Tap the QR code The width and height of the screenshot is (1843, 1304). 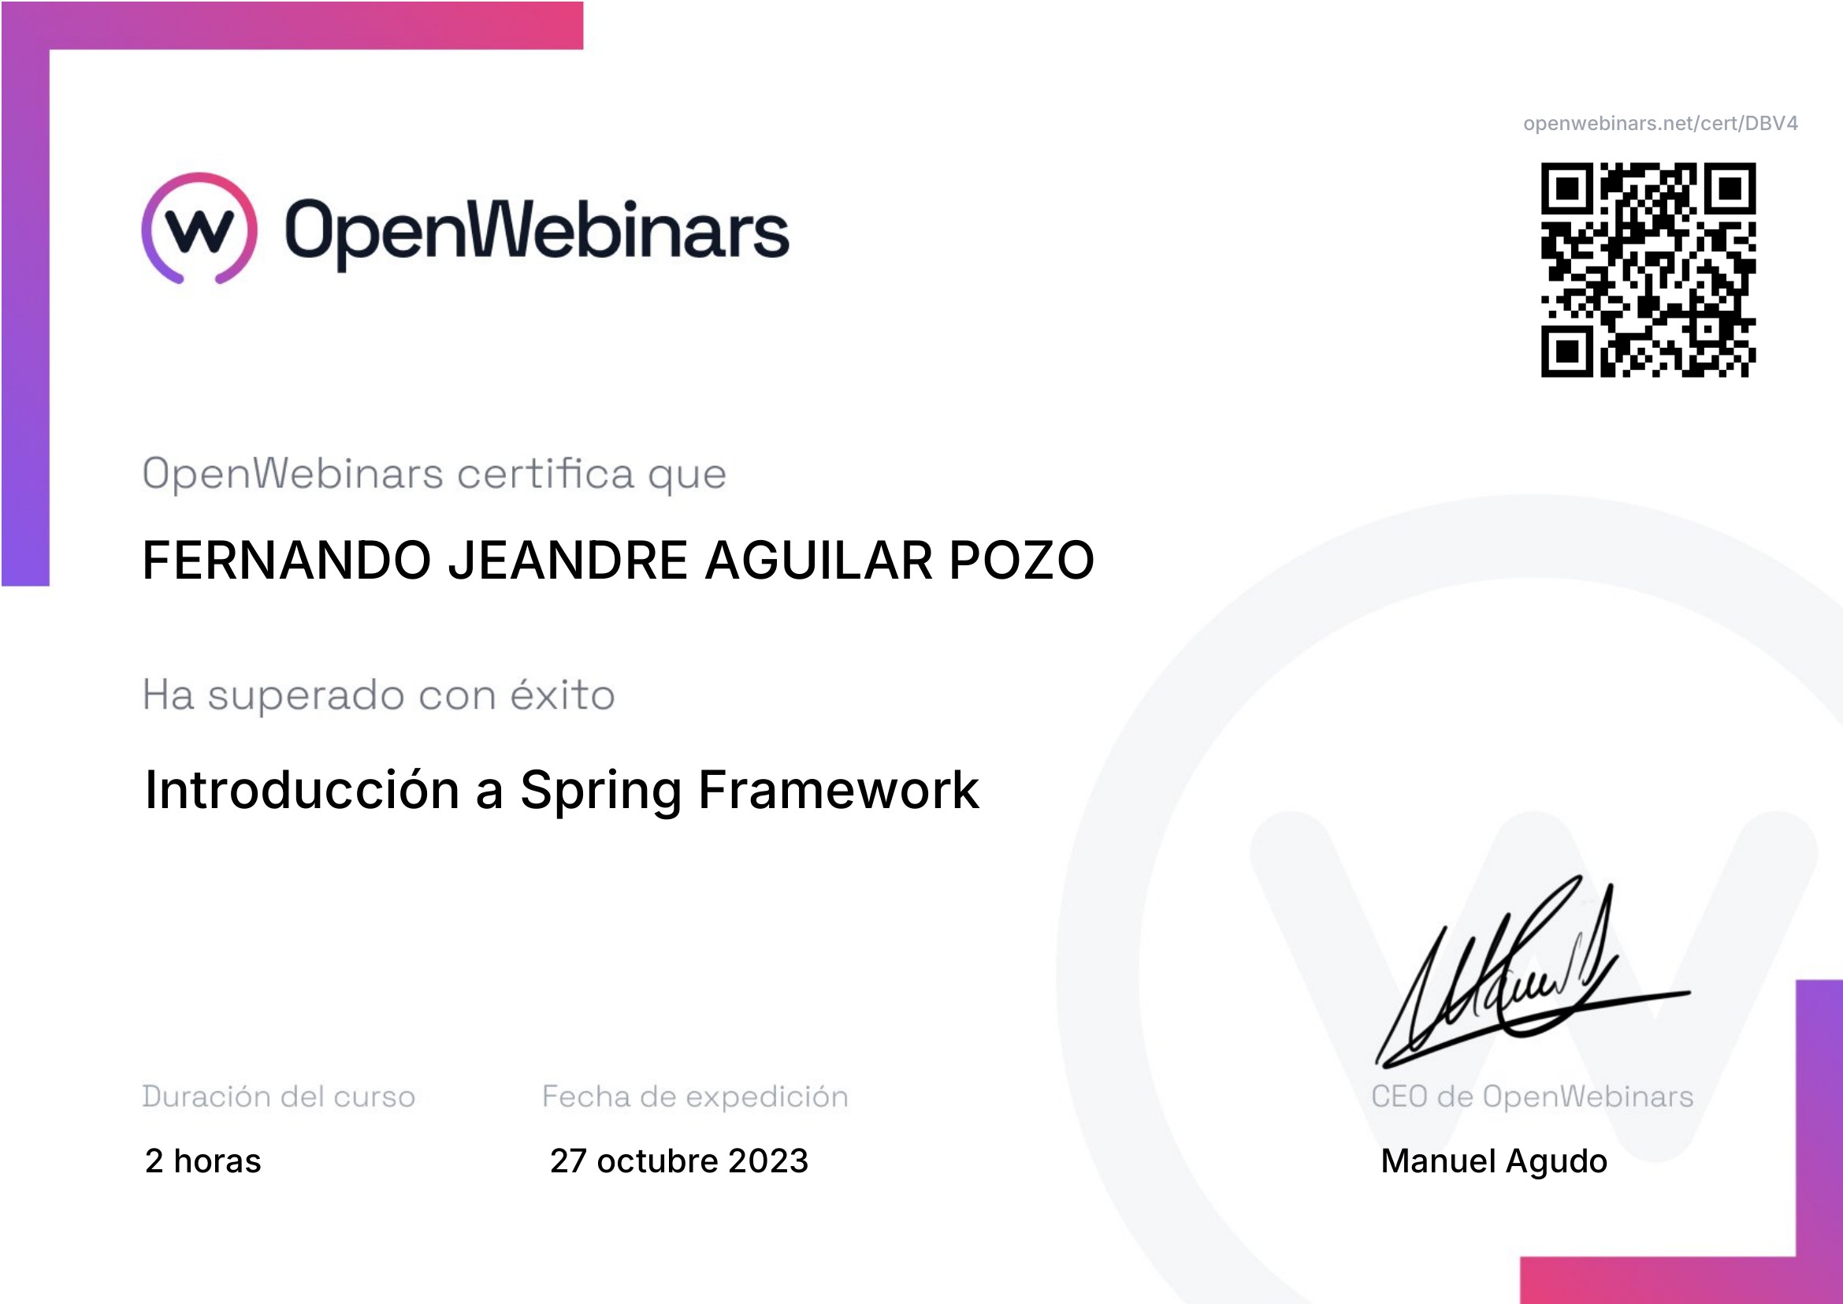tap(1648, 270)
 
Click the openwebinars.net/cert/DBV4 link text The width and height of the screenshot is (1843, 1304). tap(1660, 124)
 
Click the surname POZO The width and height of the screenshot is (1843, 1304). tap(1022, 560)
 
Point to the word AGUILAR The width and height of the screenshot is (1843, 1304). tap(819, 560)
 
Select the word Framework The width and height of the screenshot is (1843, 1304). tap(839, 790)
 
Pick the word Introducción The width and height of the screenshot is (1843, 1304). tap(302, 788)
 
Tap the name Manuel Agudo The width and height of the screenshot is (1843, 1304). tap(1494, 1161)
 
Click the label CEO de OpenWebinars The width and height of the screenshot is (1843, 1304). tap(1533, 1097)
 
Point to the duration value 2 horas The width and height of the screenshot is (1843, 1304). tap(203, 1161)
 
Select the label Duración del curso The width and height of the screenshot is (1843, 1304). tap(278, 1097)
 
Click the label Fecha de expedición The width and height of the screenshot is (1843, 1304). tap(695, 1097)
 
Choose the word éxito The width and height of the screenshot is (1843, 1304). tap(563, 694)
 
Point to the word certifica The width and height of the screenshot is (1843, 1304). tap(546, 473)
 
